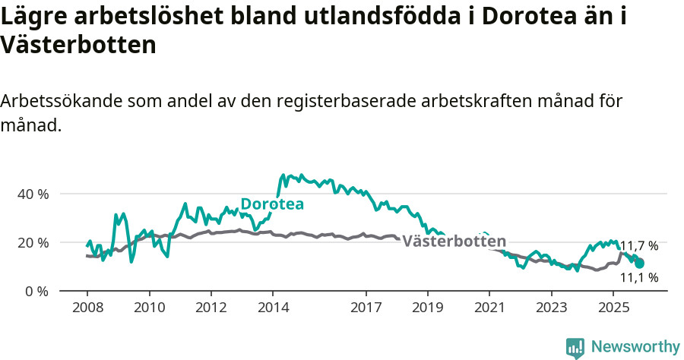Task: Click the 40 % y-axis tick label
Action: [32, 194]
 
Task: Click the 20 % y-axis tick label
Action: [32, 242]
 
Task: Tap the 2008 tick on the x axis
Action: [87, 308]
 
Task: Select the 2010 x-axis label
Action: [149, 308]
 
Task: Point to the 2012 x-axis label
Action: [211, 308]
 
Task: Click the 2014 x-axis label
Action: [273, 308]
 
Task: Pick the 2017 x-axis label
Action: [366, 308]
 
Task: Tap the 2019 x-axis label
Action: [428, 308]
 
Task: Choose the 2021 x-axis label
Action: [489, 308]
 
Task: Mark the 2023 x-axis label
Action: [552, 308]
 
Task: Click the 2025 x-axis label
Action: [613, 308]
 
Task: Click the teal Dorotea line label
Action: [272, 204]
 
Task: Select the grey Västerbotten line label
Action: [454, 242]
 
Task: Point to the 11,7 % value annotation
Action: [639, 246]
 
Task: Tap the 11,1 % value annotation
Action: [639, 278]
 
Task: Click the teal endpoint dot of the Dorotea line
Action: [640, 264]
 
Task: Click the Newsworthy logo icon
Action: [575, 347]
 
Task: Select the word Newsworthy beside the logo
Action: [635, 347]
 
